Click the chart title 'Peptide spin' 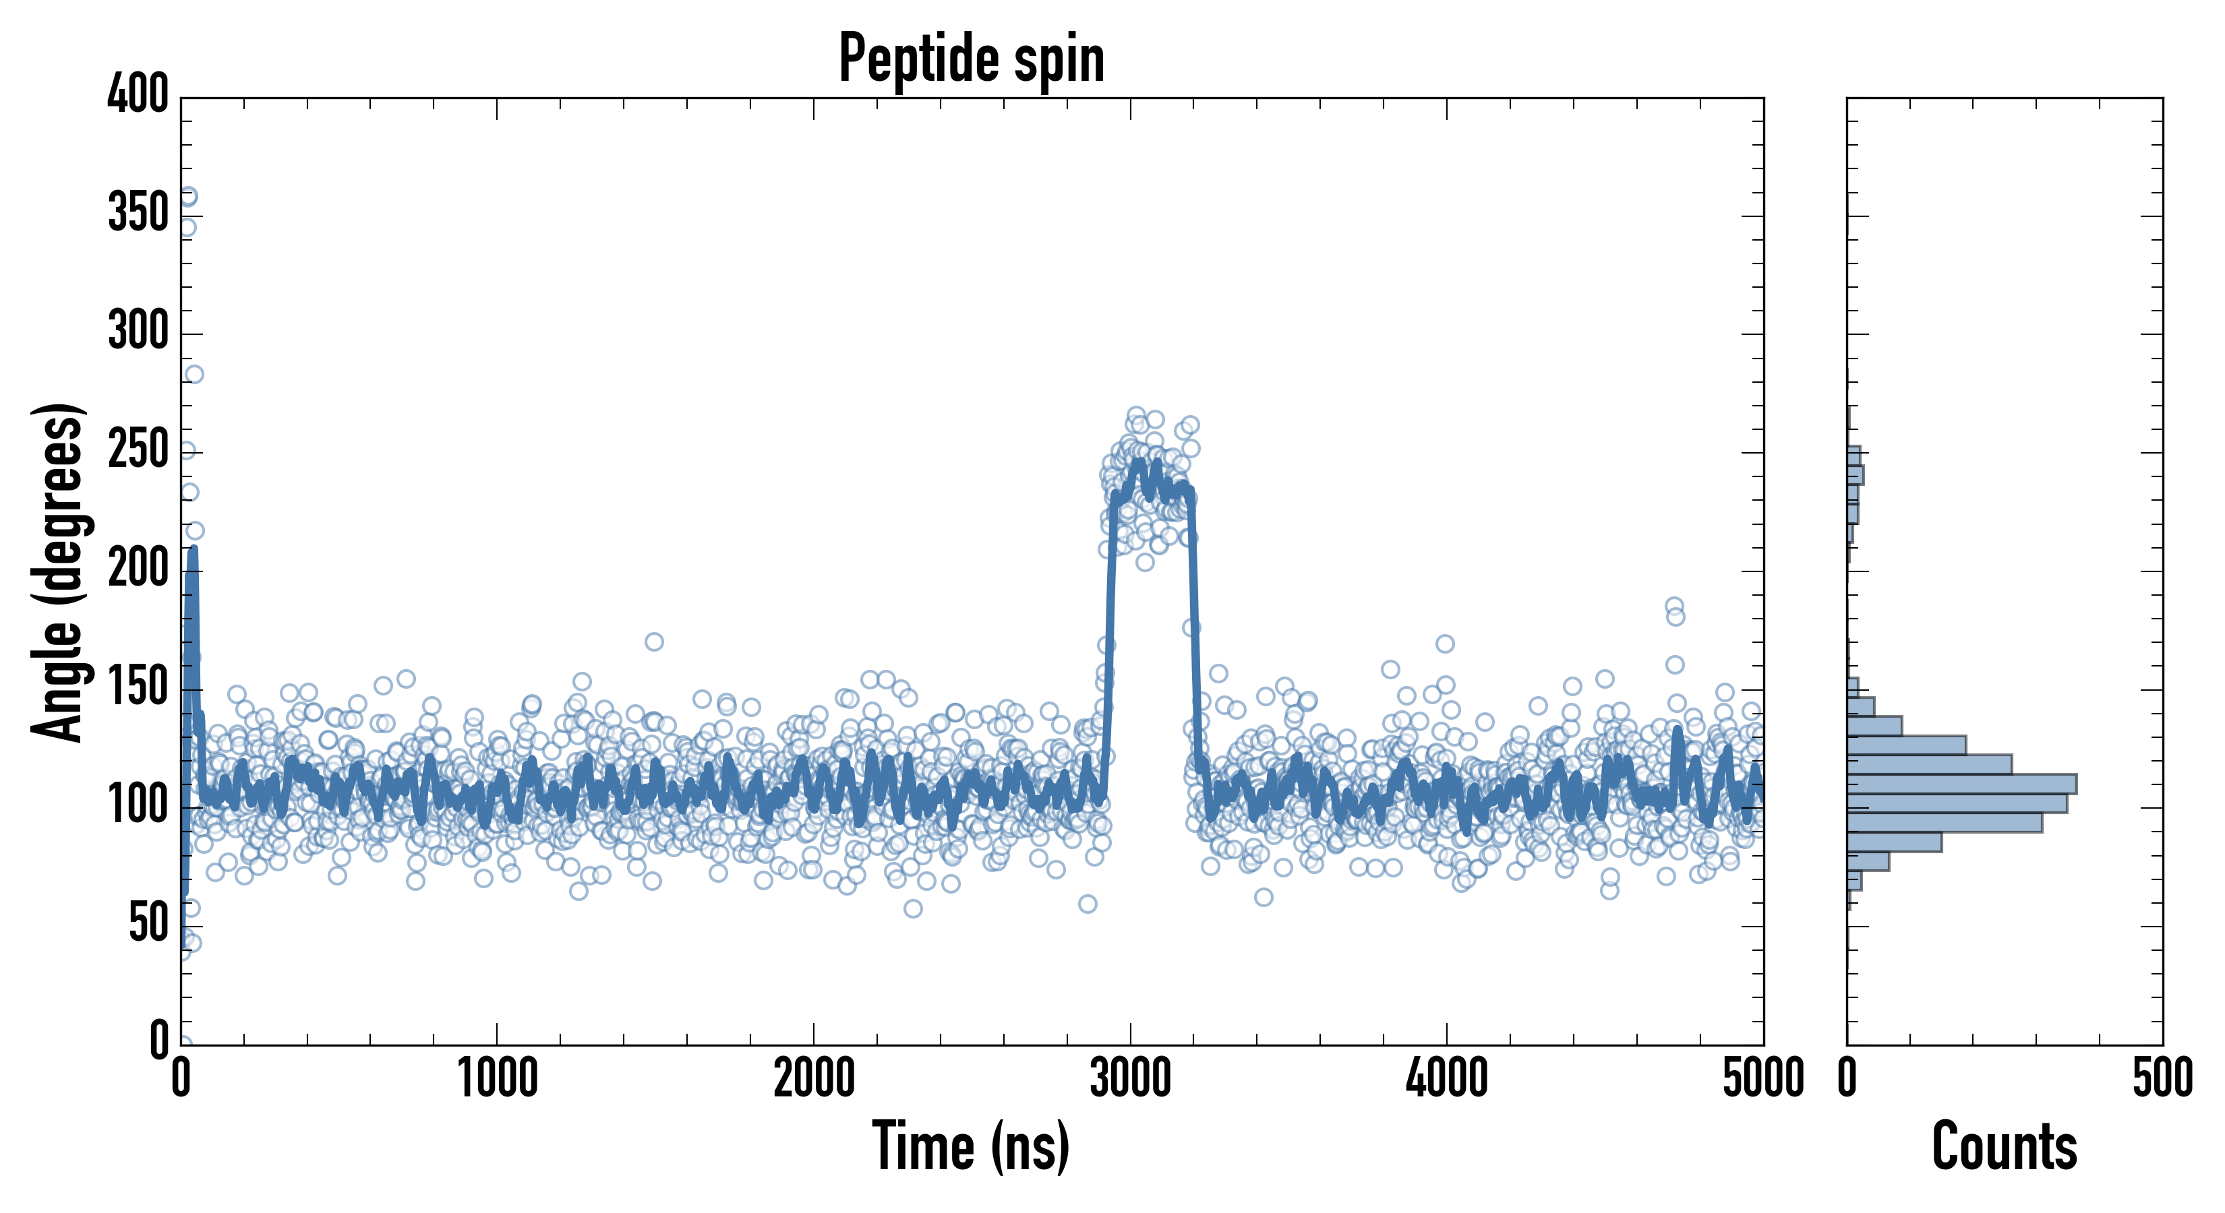tap(972, 59)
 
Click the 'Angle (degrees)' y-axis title tap(58, 571)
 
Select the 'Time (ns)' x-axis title tap(971, 1146)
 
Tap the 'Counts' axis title tap(2004, 1146)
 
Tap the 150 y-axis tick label tap(138, 687)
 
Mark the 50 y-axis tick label tap(148, 924)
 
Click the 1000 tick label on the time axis tap(498, 1079)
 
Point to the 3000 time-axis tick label tap(1130, 1079)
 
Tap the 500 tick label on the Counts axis tap(2162, 1079)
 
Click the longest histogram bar tap(1961, 784)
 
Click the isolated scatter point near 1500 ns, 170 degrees tap(654, 642)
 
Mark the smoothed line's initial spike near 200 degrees tap(191, 553)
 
